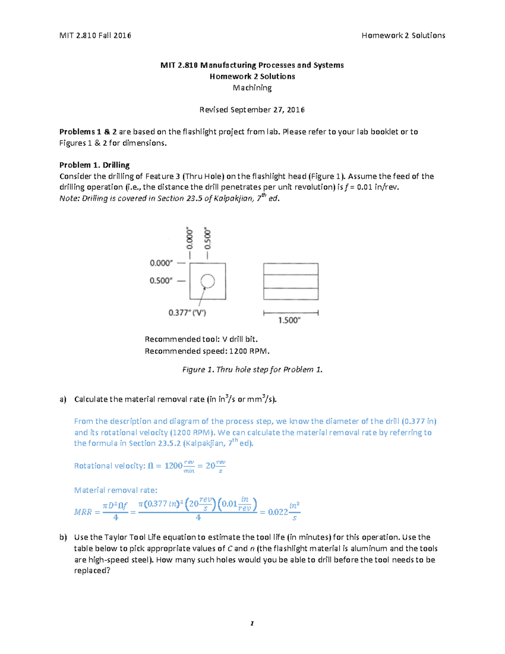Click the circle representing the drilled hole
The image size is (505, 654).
(x=207, y=281)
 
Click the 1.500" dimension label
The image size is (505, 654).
(x=290, y=320)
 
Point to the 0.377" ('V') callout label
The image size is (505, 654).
(x=187, y=312)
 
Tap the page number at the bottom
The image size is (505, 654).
(x=252, y=624)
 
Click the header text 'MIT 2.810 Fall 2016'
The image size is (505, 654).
(x=95, y=35)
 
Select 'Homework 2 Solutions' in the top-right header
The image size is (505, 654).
(x=403, y=35)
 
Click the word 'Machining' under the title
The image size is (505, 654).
(x=252, y=88)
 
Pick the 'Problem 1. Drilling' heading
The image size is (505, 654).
(x=94, y=165)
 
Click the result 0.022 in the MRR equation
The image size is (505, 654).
(x=278, y=512)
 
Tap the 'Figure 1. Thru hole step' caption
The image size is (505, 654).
(x=252, y=370)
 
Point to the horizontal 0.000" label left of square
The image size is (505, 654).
(x=161, y=263)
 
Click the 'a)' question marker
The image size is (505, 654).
(x=63, y=399)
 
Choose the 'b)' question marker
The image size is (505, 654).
(x=63, y=537)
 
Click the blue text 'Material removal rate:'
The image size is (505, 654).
(x=116, y=490)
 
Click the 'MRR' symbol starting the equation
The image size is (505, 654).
(x=83, y=512)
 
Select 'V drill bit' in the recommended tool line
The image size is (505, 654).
(x=239, y=339)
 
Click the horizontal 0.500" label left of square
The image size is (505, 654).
(x=161, y=281)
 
